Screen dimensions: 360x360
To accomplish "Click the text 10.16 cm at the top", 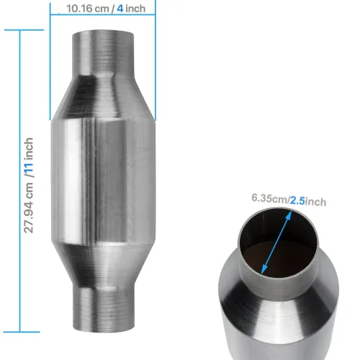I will coord(84,9).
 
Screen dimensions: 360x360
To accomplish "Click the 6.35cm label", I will coord(269,197).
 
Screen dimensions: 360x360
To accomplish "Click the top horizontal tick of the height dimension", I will coord(9,31).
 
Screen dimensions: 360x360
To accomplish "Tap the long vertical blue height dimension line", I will coord(8,180).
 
